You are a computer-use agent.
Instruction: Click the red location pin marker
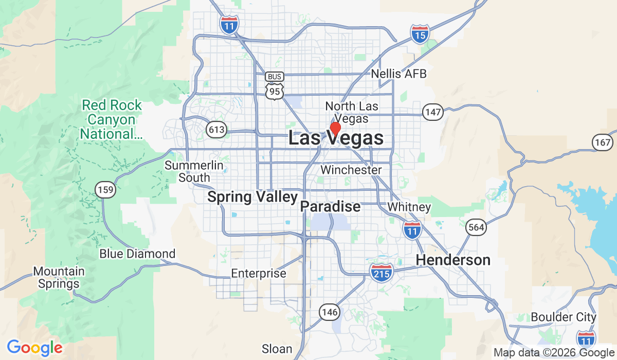(335, 128)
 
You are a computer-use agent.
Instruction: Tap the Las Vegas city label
(336, 138)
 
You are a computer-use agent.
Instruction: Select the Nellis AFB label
(399, 74)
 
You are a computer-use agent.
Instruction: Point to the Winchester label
(351, 170)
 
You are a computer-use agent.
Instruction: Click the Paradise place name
(330, 207)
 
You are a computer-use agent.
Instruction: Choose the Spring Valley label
(252, 197)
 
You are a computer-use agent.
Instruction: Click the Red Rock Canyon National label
(112, 120)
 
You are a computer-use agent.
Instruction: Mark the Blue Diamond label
(137, 254)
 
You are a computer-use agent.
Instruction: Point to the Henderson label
(453, 260)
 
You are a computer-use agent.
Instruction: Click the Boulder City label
(564, 317)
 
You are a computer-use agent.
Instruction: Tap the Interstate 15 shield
(420, 34)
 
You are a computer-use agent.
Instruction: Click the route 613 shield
(216, 130)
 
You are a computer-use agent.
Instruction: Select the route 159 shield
(105, 190)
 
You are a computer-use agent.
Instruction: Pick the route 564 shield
(476, 227)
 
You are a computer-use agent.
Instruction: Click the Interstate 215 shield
(382, 271)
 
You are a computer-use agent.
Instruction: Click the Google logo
(34, 347)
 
